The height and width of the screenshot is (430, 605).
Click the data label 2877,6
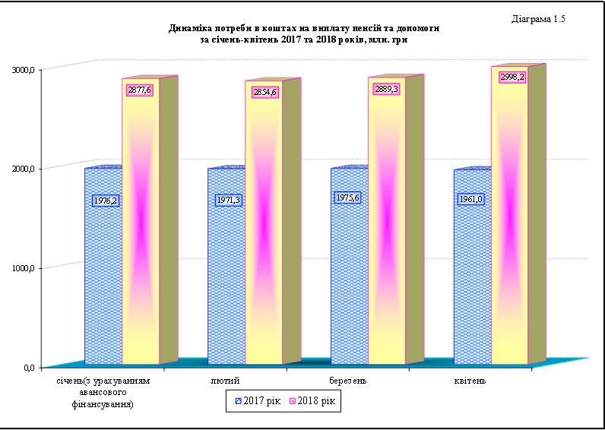(140, 90)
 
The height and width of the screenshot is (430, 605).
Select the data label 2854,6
(263, 93)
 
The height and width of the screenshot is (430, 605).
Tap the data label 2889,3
(386, 89)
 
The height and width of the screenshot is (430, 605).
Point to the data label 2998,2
(512, 77)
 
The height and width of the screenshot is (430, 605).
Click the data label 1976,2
(105, 201)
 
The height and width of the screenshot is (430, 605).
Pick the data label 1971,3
(229, 201)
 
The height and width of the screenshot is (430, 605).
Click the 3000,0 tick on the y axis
(24, 70)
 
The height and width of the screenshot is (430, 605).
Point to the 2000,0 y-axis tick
(24, 169)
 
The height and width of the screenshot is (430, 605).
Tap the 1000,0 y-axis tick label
(24, 268)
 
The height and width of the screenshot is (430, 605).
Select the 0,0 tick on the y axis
(29, 368)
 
